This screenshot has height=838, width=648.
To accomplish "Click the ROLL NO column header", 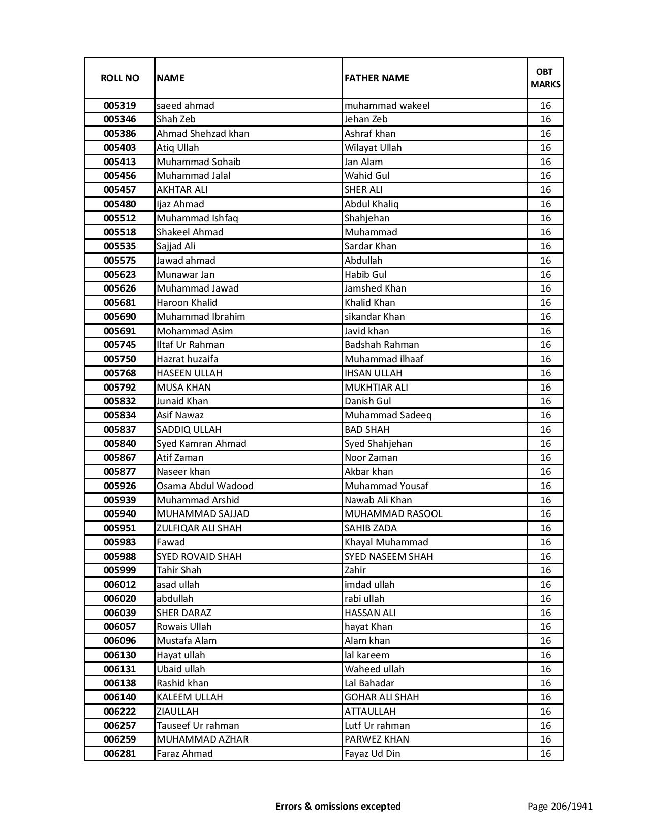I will (119, 78).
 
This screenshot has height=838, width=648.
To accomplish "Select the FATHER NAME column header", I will (377, 78).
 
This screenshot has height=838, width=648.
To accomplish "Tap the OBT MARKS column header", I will (545, 78).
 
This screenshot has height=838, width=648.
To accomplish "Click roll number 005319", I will (119, 106).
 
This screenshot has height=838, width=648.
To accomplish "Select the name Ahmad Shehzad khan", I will (203, 134).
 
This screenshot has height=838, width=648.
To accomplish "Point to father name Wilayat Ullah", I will (373, 148).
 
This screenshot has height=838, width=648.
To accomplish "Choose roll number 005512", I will (119, 218).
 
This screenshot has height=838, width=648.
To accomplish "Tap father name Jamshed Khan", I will (375, 288).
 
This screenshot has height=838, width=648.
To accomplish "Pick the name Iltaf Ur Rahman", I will (190, 345).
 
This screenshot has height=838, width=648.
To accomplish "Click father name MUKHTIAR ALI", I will (376, 387).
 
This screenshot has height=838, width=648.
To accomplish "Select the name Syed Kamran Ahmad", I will (201, 443).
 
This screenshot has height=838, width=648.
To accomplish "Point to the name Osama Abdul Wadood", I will (205, 486).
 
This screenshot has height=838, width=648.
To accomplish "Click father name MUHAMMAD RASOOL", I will (393, 514).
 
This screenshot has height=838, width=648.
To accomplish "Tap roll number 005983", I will (119, 542).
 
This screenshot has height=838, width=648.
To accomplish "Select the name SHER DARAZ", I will (183, 613).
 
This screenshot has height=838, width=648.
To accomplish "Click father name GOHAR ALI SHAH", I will (382, 697).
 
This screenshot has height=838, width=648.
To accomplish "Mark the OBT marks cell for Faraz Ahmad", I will (545, 754).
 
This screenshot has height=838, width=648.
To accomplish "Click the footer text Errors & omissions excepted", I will (338, 806).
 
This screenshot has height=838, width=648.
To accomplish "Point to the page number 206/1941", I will (560, 806).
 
